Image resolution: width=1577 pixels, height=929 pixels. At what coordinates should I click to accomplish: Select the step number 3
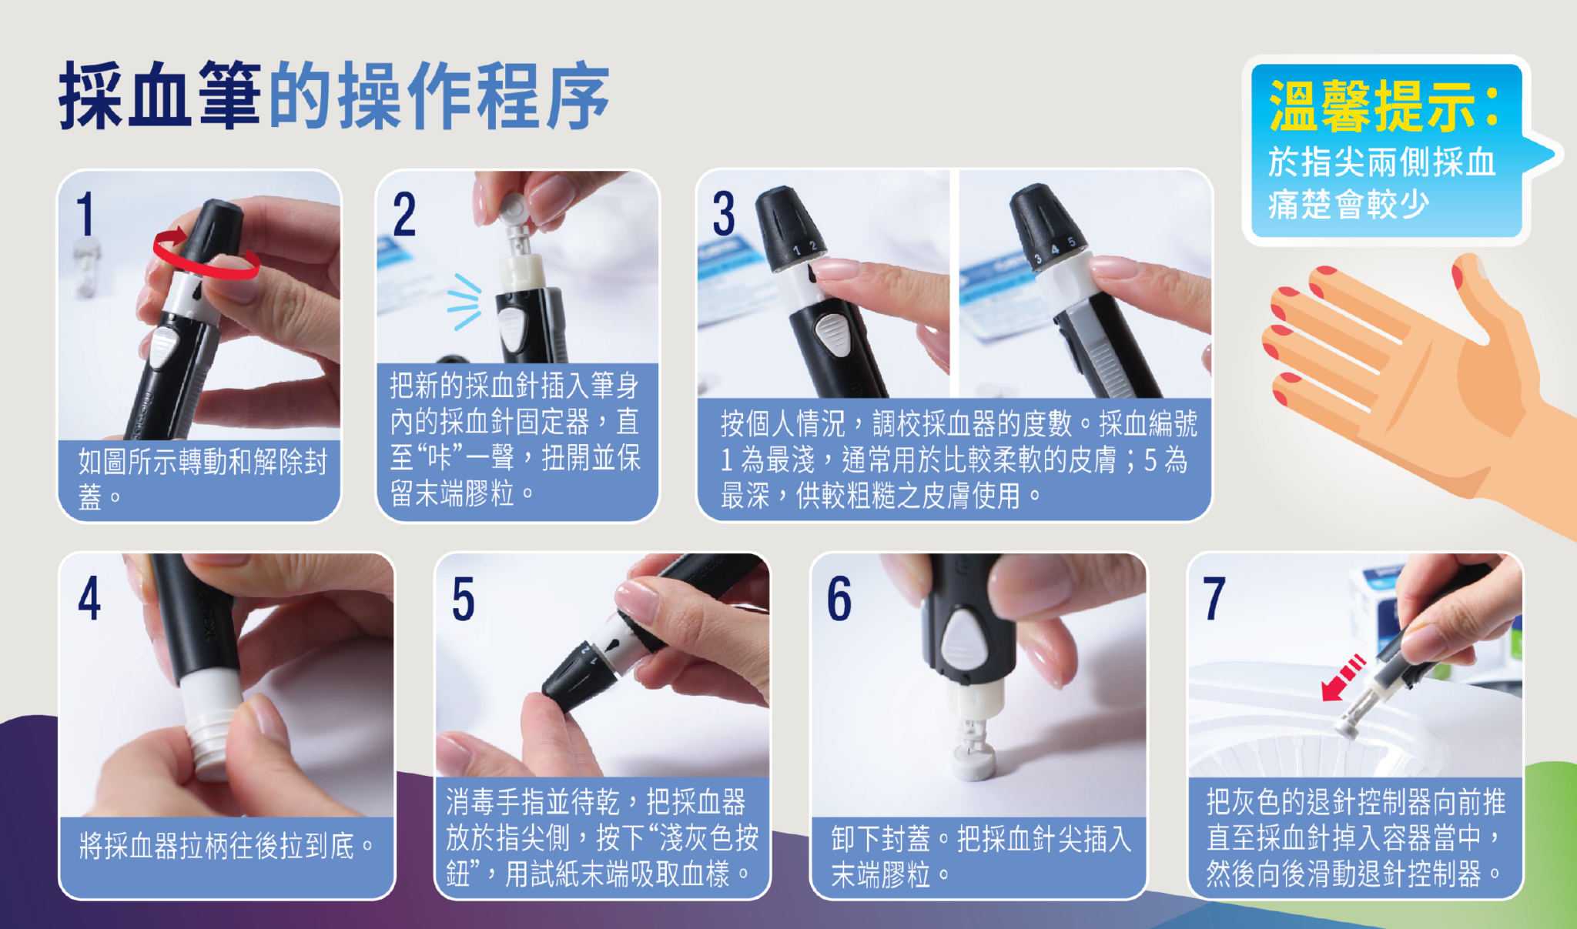(723, 213)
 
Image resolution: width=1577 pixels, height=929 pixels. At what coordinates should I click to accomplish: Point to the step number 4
(89, 598)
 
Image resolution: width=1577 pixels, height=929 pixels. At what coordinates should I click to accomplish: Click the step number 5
(463, 598)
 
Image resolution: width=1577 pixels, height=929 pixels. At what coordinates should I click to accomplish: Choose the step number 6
(839, 598)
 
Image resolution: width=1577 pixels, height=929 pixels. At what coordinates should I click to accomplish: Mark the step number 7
(1214, 598)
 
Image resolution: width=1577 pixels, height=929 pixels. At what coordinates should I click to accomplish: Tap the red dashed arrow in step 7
(1344, 677)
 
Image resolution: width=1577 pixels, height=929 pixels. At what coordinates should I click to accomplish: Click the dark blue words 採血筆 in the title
(160, 96)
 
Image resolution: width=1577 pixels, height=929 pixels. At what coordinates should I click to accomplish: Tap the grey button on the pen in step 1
(163, 347)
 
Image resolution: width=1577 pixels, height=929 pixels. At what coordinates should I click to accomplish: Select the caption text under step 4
(226, 846)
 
